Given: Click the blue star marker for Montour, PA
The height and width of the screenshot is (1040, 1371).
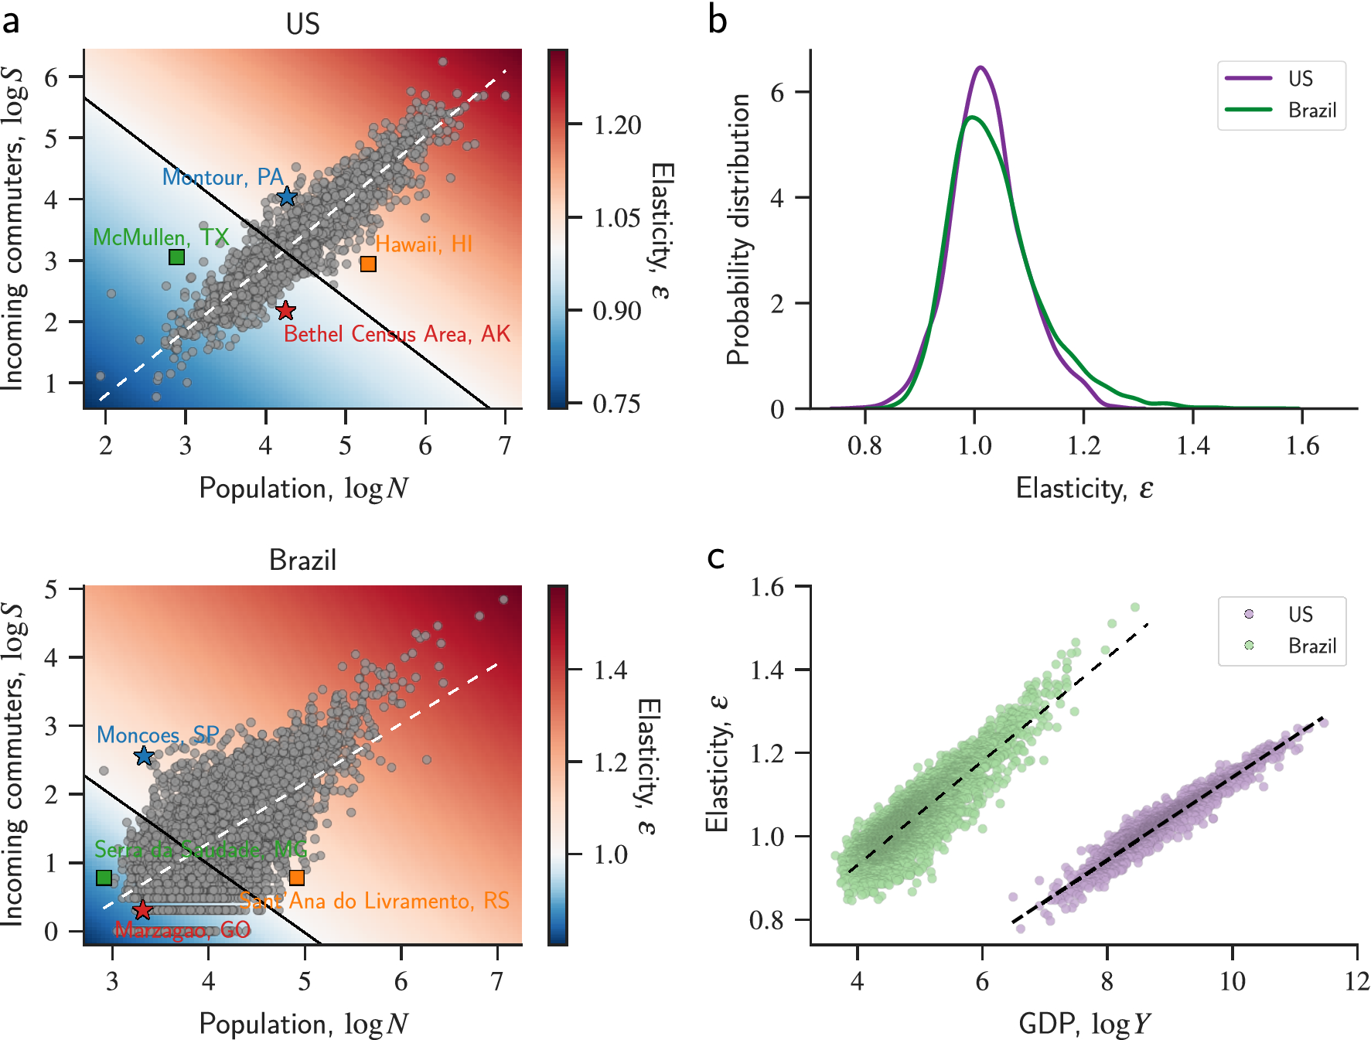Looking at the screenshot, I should (x=287, y=196).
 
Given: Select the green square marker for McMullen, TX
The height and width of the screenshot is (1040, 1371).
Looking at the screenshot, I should (x=176, y=257).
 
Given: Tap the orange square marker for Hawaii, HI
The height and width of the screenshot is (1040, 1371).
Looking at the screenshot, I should (x=368, y=264).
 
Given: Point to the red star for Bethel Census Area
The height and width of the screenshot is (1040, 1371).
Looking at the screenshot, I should (x=285, y=311).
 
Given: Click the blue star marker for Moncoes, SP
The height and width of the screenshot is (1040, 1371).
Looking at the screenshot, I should (x=144, y=756).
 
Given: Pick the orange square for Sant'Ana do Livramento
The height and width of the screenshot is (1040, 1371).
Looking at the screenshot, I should (x=296, y=878).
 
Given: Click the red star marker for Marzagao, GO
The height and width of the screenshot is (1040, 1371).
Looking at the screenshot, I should (x=142, y=910).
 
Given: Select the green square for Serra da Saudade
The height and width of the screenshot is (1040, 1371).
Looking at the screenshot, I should (x=104, y=878).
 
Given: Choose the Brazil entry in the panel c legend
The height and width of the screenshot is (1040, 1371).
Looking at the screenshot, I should (x=1311, y=646).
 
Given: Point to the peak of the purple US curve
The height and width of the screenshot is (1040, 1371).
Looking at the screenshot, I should (x=981, y=67).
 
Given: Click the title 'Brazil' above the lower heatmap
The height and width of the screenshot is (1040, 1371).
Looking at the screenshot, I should (x=302, y=559).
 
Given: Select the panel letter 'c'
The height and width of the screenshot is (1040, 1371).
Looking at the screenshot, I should (x=716, y=557).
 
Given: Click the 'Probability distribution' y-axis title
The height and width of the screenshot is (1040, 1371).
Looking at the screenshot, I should (x=739, y=229).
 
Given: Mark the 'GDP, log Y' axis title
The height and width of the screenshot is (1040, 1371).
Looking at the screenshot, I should (x=1083, y=1024).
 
